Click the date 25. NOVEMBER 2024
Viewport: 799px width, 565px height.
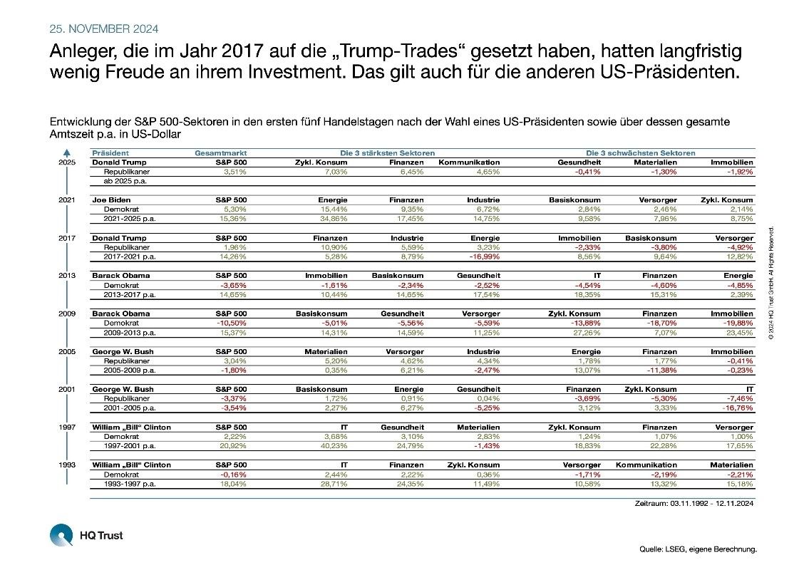click(104, 29)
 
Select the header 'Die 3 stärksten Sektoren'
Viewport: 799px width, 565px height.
click(387, 153)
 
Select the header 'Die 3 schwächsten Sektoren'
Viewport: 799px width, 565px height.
click(640, 153)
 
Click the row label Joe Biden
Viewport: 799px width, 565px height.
click(110, 200)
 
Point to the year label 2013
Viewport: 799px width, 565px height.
click(66, 276)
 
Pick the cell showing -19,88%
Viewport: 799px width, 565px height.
click(738, 323)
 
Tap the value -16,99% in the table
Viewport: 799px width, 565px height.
click(485, 256)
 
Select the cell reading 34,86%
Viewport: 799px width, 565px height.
click(333, 219)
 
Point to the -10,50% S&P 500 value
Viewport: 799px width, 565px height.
click(232, 323)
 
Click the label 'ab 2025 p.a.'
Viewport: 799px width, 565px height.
click(125, 181)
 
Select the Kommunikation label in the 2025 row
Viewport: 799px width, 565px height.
click(469, 162)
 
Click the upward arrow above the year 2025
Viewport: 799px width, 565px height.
click(66, 152)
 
